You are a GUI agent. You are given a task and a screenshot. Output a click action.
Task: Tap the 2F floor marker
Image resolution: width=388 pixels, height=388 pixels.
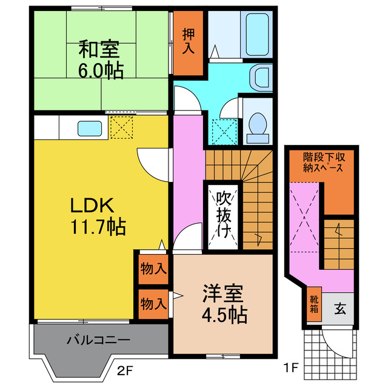click(125, 368)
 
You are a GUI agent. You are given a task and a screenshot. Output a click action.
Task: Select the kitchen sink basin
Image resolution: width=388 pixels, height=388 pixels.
click(89, 129)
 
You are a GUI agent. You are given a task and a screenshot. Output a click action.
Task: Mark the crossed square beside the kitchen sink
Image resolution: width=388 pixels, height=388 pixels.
click(121, 127)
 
